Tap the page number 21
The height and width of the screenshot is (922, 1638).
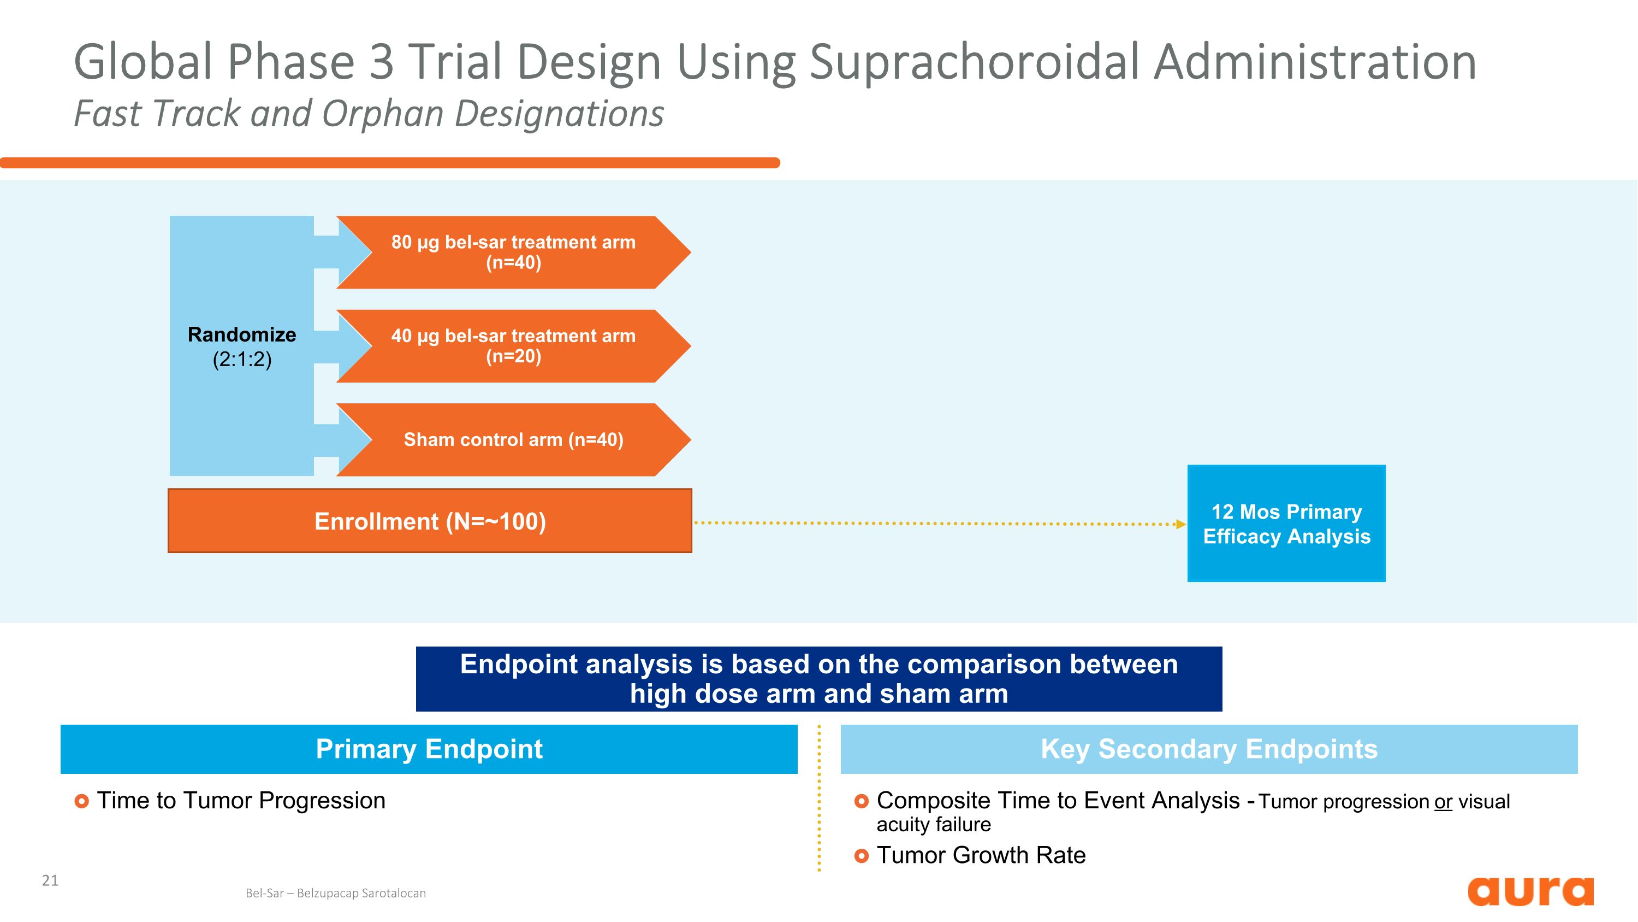point(50,880)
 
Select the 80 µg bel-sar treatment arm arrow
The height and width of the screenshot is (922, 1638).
point(513,252)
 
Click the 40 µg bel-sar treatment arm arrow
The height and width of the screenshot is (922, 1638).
point(513,346)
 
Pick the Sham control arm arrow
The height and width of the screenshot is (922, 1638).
point(513,439)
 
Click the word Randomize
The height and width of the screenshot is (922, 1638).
point(242,334)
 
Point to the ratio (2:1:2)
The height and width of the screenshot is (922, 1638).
point(242,360)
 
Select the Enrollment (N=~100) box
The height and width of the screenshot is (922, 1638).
point(430,521)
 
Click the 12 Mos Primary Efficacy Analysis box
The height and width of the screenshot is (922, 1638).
point(1286,524)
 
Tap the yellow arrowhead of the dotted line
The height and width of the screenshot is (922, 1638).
point(1181,524)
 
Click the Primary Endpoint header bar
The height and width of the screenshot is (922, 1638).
point(429,749)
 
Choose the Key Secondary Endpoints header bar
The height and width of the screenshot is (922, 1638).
point(1208,749)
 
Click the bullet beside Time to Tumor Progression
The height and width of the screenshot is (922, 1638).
point(81,801)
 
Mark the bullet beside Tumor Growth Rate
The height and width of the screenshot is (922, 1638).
point(861,856)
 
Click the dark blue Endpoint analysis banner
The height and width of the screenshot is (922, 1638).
point(818,679)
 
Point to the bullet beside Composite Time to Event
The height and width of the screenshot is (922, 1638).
point(861,801)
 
